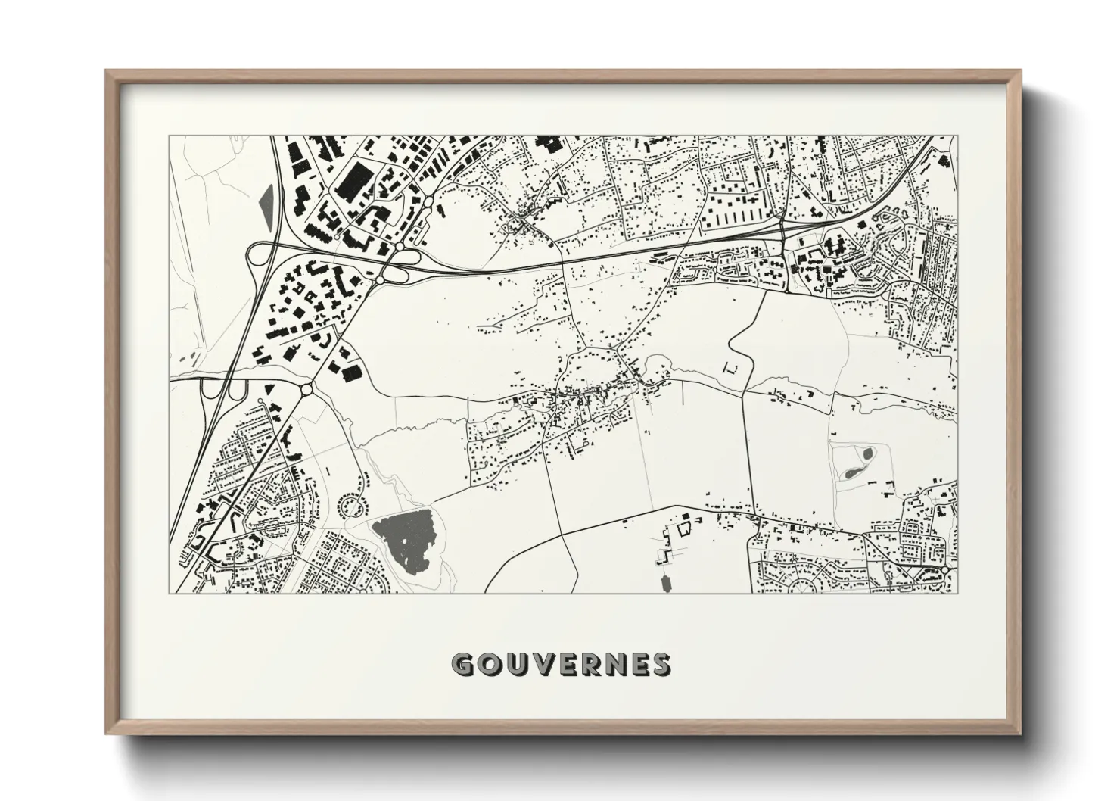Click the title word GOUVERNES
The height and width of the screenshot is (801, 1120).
pyautogui.click(x=560, y=664)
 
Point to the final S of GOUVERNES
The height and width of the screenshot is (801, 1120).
pyautogui.click(x=661, y=664)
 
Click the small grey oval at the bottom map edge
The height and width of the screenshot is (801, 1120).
pyautogui.click(x=667, y=583)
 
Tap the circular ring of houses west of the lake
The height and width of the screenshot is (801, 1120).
pyautogui.click(x=353, y=505)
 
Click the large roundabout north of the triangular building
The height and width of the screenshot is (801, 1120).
pyautogui.click(x=307, y=389)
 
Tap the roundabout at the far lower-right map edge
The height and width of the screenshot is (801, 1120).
pyautogui.click(x=946, y=569)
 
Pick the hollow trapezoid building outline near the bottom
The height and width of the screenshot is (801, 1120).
pyautogui.click(x=686, y=524)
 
